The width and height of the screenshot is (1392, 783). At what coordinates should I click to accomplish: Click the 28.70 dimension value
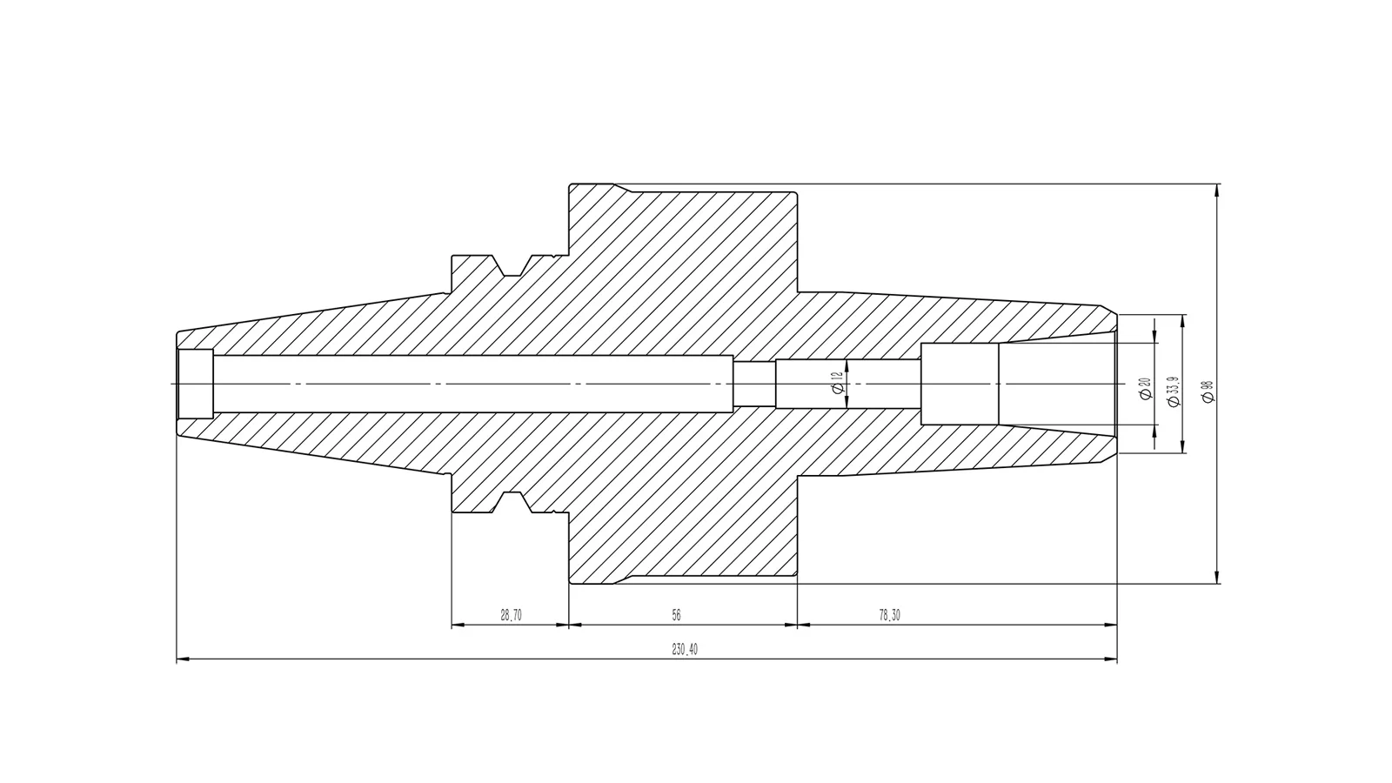coord(511,615)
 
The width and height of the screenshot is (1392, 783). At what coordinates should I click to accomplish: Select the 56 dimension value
coord(676,615)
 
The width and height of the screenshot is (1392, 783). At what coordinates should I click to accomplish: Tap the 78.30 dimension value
coord(889,615)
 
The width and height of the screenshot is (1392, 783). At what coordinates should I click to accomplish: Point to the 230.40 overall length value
coord(685,649)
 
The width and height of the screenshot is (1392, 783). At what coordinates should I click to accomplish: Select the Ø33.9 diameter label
coord(1174,391)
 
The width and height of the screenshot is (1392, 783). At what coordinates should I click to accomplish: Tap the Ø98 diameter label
coord(1208,391)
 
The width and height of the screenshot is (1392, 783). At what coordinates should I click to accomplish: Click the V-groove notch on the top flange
coord(511,266)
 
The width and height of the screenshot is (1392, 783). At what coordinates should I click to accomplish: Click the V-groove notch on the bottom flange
coord(511,502)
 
